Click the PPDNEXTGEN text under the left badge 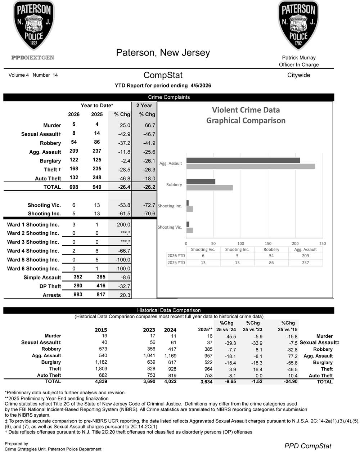pyautogui.click(x=33, y=58)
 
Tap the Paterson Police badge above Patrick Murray pyautogui.click(x=298, y=25)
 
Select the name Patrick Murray pyautogui.click(x=298, y=58)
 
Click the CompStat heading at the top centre pyautogui.click(x=163, y=75)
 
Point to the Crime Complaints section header pyautogui.click(x=168, y=97)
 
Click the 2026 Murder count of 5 pyautogui.click(x=74, y=124)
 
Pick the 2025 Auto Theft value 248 pyautogui.click(x=97, y=178)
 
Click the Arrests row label pyautogui.click(x=52, y=295)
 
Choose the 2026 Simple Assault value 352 pyautogui.click(x=78, y=277)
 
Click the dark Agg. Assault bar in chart pyautogui.click(x=243, y=161)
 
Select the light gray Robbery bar pyautogui.click(x=210, y=188)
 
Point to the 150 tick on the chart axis pyautogui.click(x=268, y=243)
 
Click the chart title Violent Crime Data pyautogui.click(x=246, y=110)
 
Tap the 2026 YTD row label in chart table pyautogui.click(x=176, y=256)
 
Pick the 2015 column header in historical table pyautogui.click(x=101, y=330)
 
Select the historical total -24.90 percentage pyautogui.click(x=289, y=381)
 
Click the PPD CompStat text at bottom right pyautogui.click(x=307, y=446)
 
